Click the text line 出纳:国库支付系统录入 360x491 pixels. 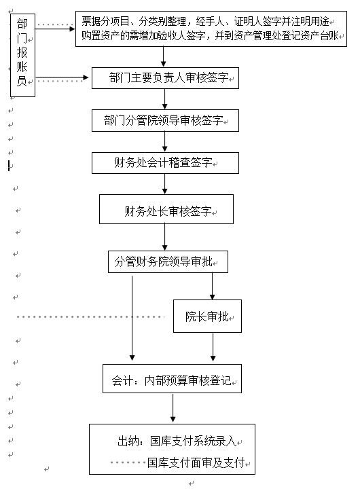pos(177,441)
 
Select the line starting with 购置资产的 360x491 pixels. pos(211,36)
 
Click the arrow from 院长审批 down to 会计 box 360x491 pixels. pos(213,347)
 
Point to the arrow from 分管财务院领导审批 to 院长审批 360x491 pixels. pos(212,286)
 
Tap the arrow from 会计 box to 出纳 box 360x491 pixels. pos(173,407)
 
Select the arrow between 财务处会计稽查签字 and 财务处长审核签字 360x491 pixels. pos(165,184)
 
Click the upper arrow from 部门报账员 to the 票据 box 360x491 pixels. pos(55,29)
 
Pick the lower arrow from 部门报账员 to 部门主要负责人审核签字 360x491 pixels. pos(62,77)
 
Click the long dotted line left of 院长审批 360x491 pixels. pos(90,317)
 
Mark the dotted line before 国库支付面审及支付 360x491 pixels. pos(128,462)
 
